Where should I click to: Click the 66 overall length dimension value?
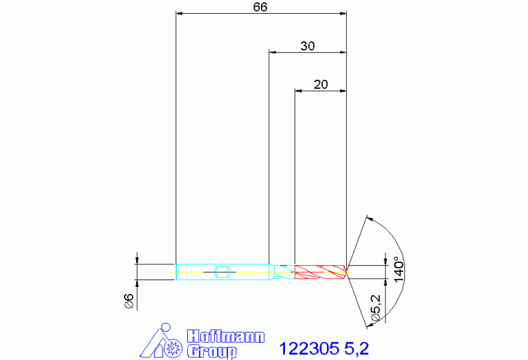coord(260,7)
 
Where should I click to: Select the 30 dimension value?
coord(308,46)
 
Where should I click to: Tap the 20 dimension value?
coord(321,84)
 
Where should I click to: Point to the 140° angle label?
coord(399,269)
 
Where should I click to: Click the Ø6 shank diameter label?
coord(129,301)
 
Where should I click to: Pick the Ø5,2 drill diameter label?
coord(375,308)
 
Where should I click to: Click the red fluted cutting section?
coord(320,272)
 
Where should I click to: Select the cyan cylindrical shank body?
coord(222,272)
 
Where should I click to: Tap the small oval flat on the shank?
coord(222,272)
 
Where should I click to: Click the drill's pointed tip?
coord(347,272)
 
